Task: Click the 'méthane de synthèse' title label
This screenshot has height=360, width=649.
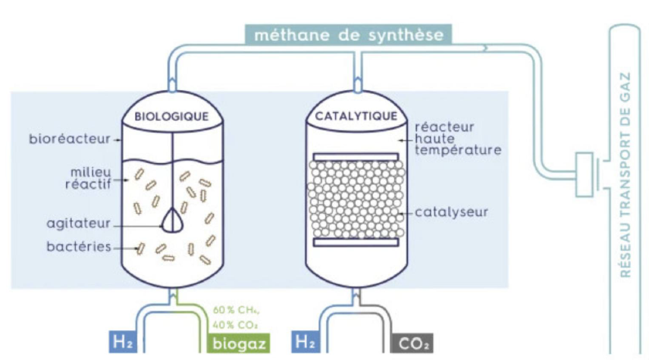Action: (349, 34)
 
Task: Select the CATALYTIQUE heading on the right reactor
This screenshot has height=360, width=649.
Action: (356, 117)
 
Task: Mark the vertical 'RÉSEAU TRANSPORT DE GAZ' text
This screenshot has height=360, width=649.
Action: (626, 174)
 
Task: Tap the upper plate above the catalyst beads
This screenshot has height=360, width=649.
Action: (356, 157)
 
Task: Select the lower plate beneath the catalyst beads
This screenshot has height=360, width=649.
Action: (356, 243)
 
